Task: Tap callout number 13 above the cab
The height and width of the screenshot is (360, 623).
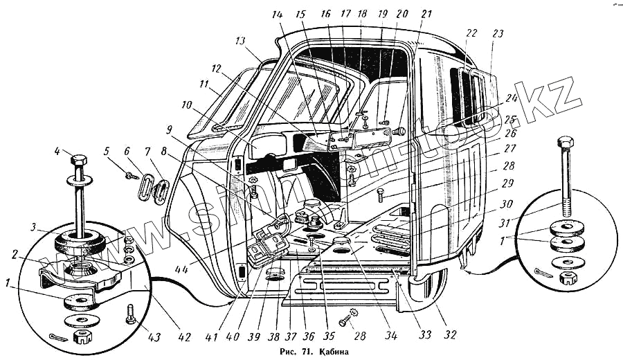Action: (240, 41)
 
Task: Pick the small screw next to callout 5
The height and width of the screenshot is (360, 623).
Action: (130, 176)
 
